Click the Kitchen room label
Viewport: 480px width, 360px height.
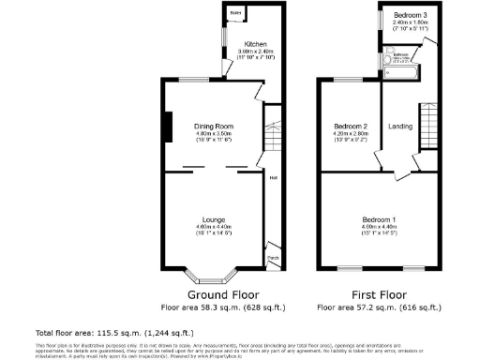pos(255,44)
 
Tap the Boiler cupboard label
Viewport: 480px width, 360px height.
pos(235,12)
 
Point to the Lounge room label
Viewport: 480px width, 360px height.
pos(213,219)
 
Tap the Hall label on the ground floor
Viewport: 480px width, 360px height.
pos(274,177)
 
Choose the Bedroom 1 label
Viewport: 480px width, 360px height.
pos(380,219)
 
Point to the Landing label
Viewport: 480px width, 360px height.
pos(400,127)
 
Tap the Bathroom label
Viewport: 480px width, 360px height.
pos(401,54)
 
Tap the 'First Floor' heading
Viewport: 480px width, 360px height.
pos(379,293)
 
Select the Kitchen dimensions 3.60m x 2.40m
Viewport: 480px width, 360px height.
pos(255,53)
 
